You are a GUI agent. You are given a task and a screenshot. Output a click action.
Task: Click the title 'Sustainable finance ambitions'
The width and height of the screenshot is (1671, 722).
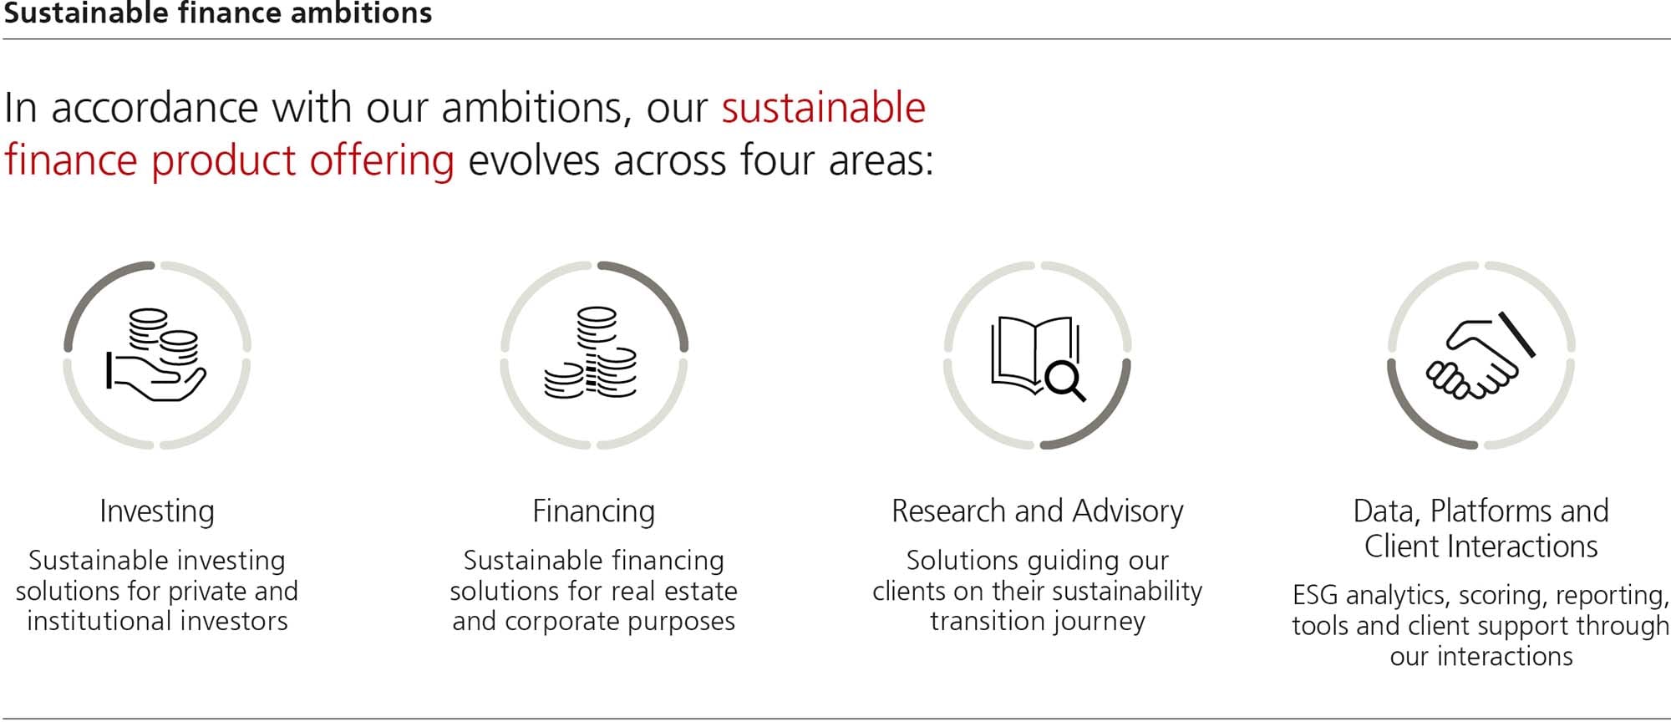tap(218, 13)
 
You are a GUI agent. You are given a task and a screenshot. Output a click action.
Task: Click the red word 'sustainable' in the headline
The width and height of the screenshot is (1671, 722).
tap(824, 109)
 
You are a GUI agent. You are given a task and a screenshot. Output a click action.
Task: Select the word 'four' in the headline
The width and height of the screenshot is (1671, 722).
tap(764, 160)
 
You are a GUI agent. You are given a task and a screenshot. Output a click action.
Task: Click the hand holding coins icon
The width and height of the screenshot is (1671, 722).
tap(156, 355)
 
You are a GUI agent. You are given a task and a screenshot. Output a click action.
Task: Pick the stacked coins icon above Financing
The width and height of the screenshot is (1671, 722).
tap(591, 353)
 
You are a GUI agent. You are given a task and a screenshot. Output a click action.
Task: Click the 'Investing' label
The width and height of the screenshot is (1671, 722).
tap(157, 511)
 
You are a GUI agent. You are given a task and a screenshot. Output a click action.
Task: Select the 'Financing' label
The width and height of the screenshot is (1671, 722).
tap(594, 511)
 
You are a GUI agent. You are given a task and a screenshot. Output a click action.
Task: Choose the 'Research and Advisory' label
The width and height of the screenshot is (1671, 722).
tap(1038, 511)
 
